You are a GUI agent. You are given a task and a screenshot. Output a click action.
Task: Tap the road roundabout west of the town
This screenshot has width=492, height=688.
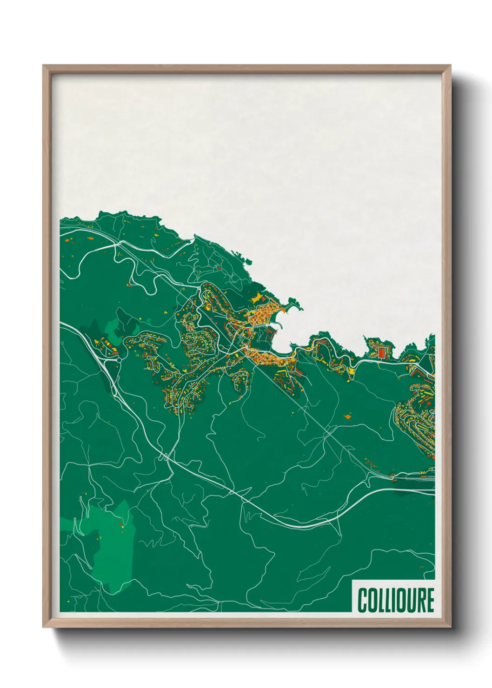click(119, 359)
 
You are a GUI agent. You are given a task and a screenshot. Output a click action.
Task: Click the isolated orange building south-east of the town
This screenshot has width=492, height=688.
click(346, 416)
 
